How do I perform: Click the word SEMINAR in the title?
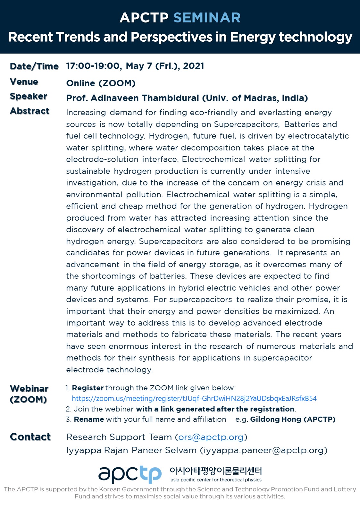click(x=207, y=18)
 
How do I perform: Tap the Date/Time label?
click(x=34, y=66)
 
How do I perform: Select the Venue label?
click(x=24, y=82)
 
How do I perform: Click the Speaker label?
click(x=29, y=96)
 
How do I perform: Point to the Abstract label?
click(x=29, y=111)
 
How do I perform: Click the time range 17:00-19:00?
click(x=93, y=66)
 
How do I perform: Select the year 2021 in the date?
click(x=194, y=66)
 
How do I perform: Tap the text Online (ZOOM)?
click(x=101, y=83)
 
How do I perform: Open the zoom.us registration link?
click(x=194, y=399)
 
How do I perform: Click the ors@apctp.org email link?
click(x=211, y=437)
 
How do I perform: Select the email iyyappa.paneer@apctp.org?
click(x=263, y=450)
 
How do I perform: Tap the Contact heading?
click(x=30, y=437)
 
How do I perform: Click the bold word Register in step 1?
click(x=88, y=388)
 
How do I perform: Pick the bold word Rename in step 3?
click(x=89, y=420)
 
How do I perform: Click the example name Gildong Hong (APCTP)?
click(x=292, y=420)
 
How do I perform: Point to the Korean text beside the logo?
click(x=215, y=471)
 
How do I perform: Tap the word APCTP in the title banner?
click(x=144, y=18)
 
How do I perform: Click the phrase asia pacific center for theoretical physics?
click(x=216, y=480)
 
